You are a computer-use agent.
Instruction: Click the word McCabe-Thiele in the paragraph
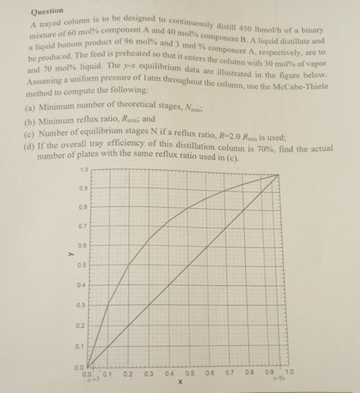pos(321,94)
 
